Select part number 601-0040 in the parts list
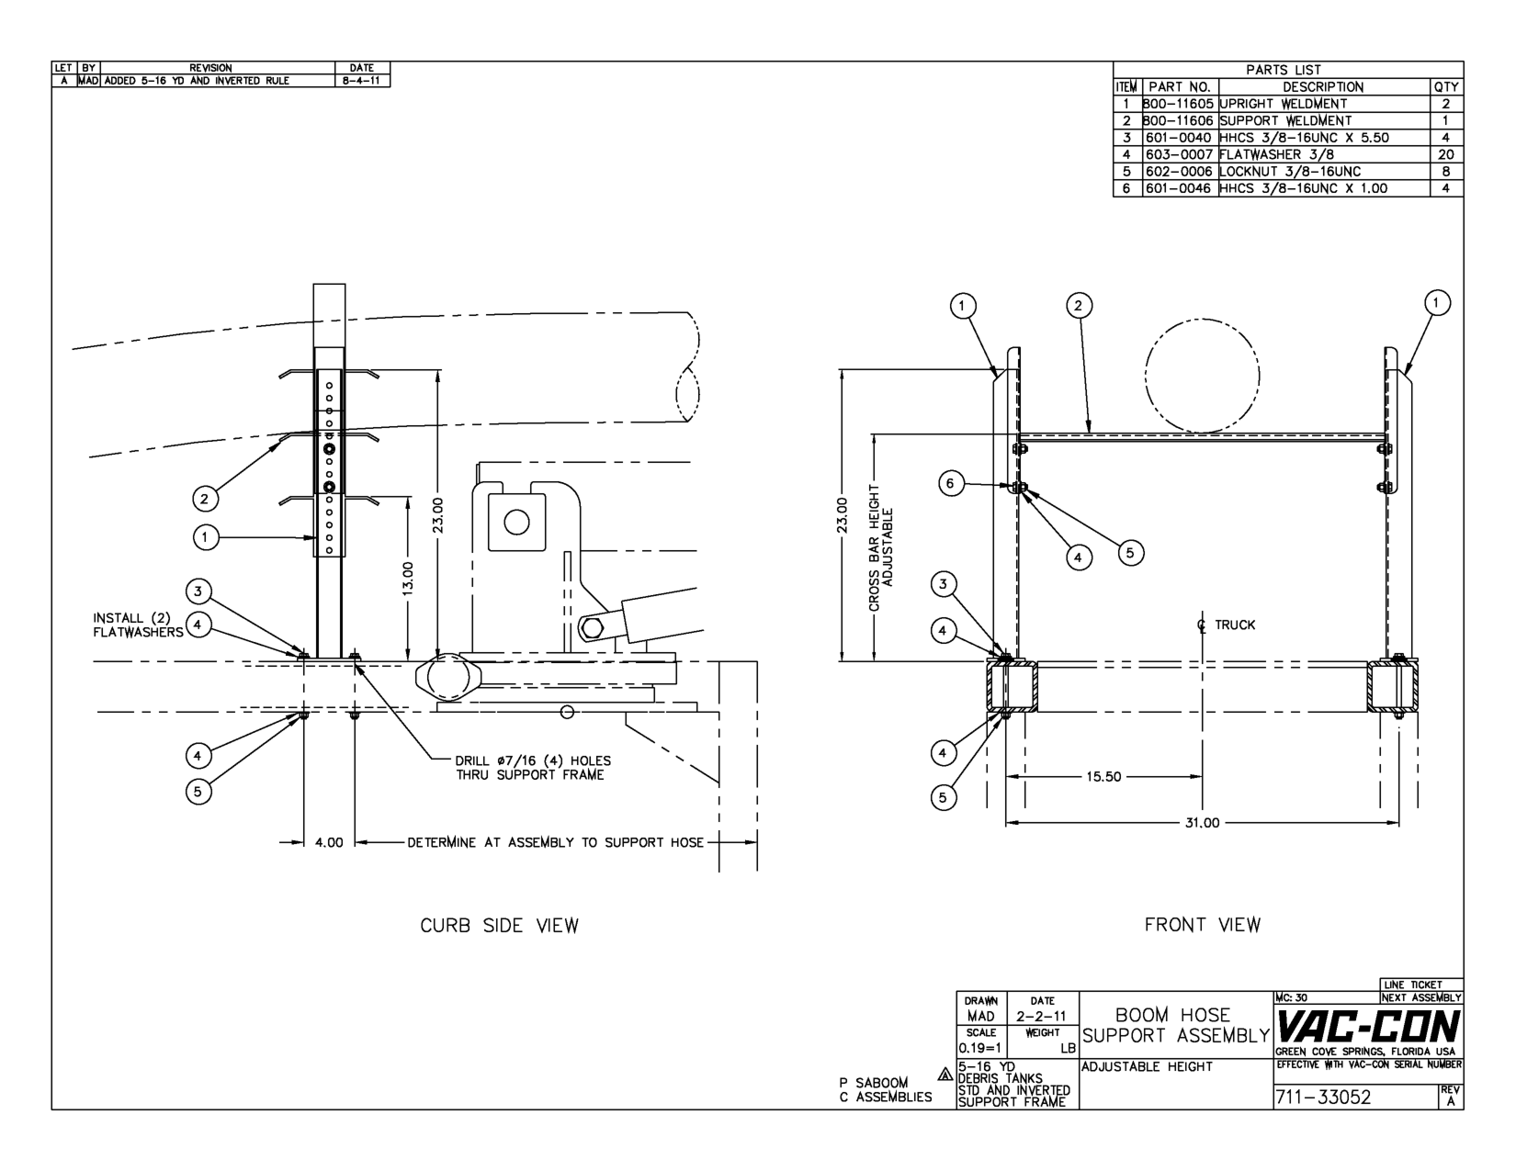click(1180, 138)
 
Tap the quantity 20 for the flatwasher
click(1446, 154)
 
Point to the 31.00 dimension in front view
click(1202, 823)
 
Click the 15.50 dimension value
click(1103, 777)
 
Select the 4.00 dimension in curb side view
click(329, 842)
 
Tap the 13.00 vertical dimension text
click(409, 579)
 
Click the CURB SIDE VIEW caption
click(499, 926)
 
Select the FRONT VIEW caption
click(1202, 926)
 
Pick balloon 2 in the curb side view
click(205, 499)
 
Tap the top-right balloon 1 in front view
click(1437, 302)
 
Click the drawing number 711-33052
click(1322, 1097)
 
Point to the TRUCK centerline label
click(1227, 625)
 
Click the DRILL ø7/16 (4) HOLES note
click(532, 768)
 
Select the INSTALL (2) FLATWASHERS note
click(138, 625)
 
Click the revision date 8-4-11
click(362, 81)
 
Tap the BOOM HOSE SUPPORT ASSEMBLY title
click(1172, 1025)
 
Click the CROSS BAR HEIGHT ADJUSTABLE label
click(881, 547)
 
